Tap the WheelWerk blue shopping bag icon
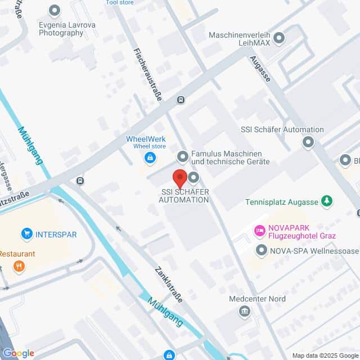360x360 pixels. (x=150, y=157)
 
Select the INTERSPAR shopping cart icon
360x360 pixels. (x=26, y=233)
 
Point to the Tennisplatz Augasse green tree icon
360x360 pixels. (x=326, y=201)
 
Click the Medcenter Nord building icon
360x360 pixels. (x=244, y=311)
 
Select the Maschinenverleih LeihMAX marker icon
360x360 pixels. (x=279, y=38)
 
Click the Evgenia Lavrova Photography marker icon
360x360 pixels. (x=55, y=10)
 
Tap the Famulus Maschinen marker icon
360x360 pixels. (x=182, y=156)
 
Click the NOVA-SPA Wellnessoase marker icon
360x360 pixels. (x=261, y=249)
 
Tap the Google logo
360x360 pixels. (x=18, y=353)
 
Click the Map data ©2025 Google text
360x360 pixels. (x=325, y=355)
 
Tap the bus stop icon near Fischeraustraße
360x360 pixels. (x=180, y=100)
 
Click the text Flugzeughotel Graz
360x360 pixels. (x=302, y=236)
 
